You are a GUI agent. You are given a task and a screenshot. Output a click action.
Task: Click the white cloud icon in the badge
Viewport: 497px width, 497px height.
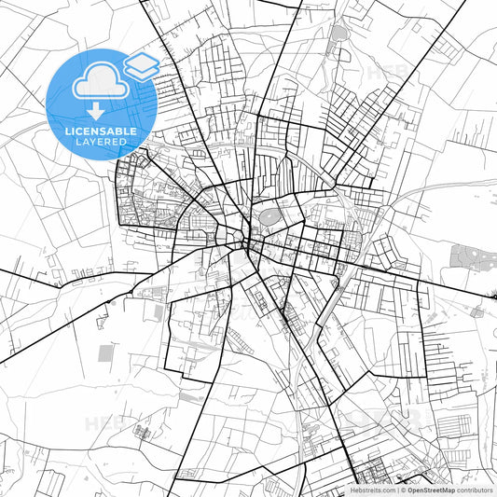point(96,79)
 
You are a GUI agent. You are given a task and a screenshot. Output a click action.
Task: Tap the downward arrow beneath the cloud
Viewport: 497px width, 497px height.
point(96,111)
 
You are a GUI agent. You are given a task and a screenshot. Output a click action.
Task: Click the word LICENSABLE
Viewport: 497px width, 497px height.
point(102,131)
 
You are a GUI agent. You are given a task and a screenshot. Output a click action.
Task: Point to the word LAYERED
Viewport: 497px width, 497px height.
point(102,144)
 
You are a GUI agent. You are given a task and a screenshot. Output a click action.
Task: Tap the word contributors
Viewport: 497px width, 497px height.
point(475,489)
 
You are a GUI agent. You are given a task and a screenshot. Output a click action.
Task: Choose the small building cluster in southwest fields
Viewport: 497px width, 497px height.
point(142,432)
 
